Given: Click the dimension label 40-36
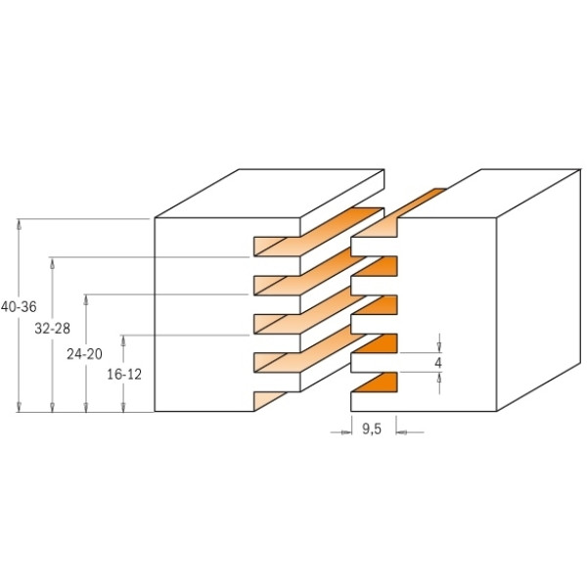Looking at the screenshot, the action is tap(19, 307).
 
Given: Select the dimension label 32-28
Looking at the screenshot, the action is tap(53, 329).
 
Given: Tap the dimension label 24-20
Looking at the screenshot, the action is tap(84, 354).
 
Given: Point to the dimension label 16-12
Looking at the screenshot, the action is tap(124, 375).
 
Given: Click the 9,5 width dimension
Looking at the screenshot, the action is tap(372, 429).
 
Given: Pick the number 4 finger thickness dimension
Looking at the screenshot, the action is tap(438, 363).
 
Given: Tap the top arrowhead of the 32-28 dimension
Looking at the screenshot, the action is tap(53, 263).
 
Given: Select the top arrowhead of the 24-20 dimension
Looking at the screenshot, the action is tap(86, 300).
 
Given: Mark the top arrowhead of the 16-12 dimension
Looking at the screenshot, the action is tap(123, 340).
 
